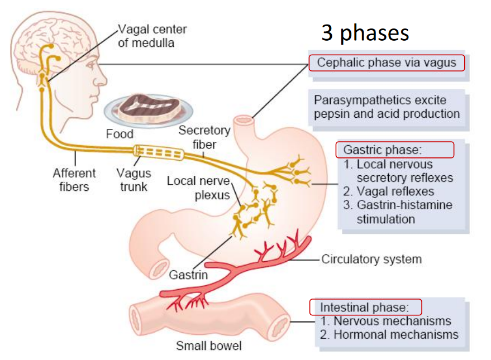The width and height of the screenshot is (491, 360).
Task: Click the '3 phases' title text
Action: coord(365,33)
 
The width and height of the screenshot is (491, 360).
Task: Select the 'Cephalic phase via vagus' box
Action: coord(387,63)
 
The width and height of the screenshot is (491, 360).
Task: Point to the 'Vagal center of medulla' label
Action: coord(152,36)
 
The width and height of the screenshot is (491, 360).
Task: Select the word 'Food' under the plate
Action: coord(120,134)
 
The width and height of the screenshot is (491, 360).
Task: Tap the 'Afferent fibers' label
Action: coord(74,180)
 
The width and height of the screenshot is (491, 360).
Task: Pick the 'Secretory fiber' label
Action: coord(204,137)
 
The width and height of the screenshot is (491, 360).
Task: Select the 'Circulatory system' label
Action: coord(371,260)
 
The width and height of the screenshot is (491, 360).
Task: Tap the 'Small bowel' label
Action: coord(209,345)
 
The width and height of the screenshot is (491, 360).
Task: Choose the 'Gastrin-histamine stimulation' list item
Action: coord(397,212)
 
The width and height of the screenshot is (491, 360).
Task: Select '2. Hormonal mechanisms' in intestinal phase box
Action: coord(389,335)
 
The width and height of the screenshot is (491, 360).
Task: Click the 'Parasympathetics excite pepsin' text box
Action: coord(387,107)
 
